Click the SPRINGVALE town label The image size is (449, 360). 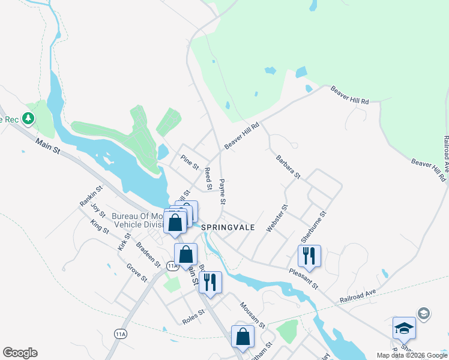point(228,228)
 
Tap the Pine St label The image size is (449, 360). point(190,162)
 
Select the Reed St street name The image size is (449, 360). point(208,179)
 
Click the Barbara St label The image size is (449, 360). point(288,167)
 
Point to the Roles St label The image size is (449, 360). point(193,316)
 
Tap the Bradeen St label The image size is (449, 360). point(148,256)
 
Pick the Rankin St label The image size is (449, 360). point(91,196)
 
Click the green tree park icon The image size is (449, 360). point(28,118)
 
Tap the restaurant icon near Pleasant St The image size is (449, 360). point(309,256)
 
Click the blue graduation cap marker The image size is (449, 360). point(404,328)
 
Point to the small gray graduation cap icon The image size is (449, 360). point(423,314)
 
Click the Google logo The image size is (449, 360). point(20,353)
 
